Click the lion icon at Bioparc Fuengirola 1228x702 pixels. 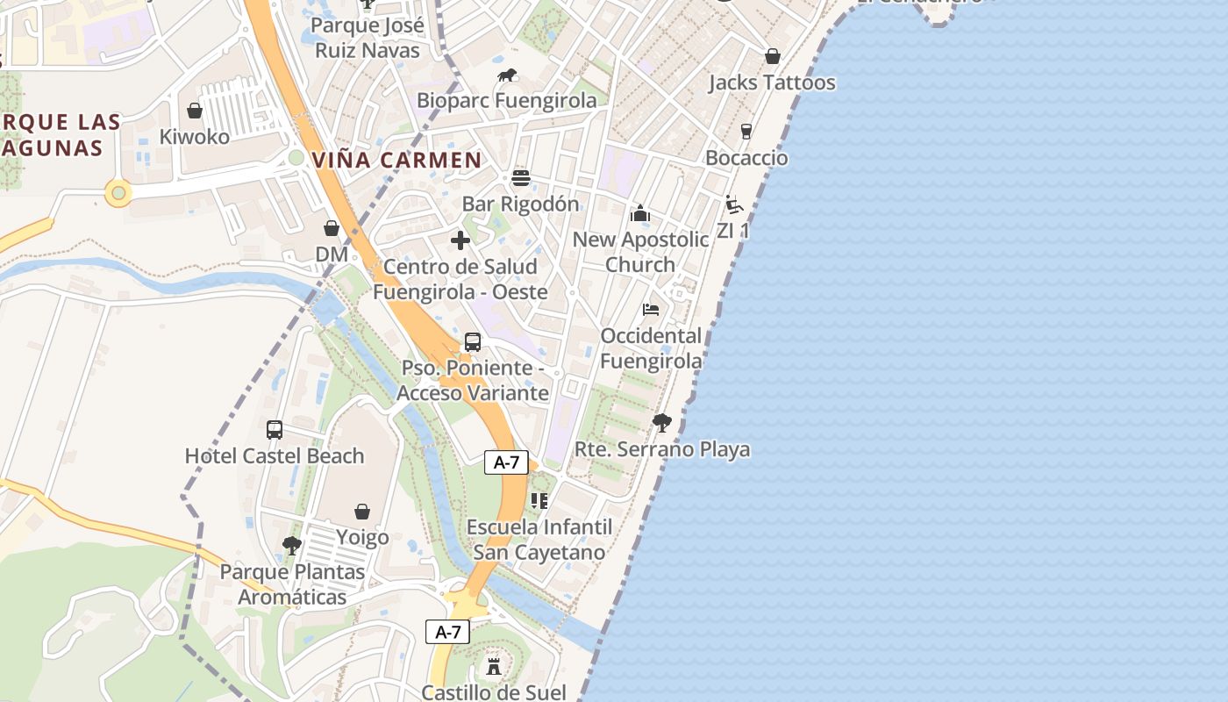(x=507, y=76)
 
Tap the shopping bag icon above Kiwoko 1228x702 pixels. (x=195, y=111)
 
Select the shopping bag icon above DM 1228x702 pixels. (x=332, y=229)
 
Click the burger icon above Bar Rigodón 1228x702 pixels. (x=521, y=179)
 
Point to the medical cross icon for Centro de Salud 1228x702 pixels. (x=460, y=240)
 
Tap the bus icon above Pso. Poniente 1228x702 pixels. (x=473, y=342)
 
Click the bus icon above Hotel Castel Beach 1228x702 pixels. (x=275, y=430)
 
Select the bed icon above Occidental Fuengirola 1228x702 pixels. (x=651, y=310)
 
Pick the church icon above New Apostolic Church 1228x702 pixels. (x=640, y=213)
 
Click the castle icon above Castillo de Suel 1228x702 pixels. (x=494, y=666)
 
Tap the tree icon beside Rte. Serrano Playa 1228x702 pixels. (x=662, y=423)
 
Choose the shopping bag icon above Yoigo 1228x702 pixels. (x=362, y=512)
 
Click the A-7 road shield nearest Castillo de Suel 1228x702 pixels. (x=448, y=632)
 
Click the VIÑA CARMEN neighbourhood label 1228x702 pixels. (x=397, y=161)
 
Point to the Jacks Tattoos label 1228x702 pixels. (x=772, y=82)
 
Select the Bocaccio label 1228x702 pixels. (x=746, y=158)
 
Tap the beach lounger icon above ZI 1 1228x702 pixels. (x=734, y=205)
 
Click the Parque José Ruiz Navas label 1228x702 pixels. (x=368, y=38)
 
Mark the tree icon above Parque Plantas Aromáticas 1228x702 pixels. (x=292, y=546)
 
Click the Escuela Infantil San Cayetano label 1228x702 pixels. (x=539, y=540)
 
